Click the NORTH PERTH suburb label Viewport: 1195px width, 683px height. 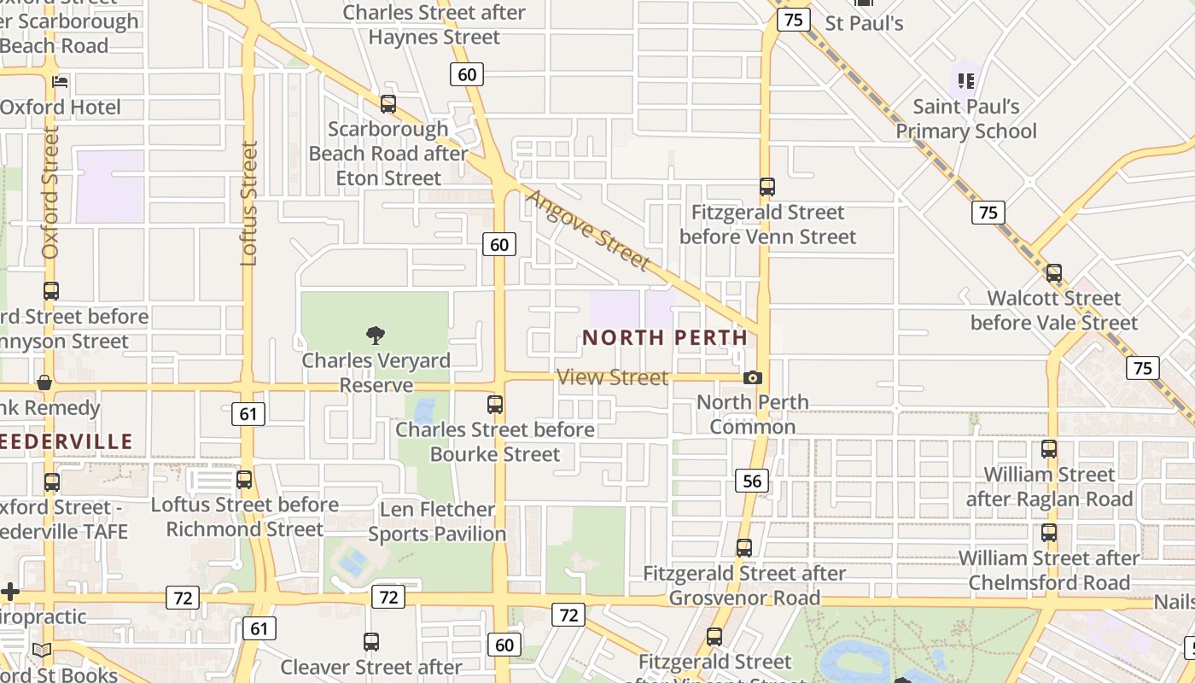(665, 337)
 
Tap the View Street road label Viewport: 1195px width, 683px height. (612, 377)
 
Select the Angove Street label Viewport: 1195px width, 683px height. (588, 230)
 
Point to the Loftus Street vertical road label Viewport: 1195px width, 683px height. (248, 203)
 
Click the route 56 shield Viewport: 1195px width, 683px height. (752, 481)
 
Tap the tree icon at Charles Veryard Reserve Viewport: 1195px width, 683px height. (375, 335)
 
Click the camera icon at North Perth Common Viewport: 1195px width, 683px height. (753, 377)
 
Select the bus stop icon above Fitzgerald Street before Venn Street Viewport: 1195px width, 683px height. (767, 187)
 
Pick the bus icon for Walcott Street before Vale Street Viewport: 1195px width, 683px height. (1054, 273)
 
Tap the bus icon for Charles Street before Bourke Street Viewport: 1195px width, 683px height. (495, 405)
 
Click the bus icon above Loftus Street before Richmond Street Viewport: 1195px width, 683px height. (244, 480)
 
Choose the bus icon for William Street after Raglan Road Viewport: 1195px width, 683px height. (1049, 449)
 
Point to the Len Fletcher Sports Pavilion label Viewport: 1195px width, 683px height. (437, 522)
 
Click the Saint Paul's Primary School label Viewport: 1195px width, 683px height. (966, 119)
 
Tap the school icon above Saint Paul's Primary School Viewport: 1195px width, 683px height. (966, 81)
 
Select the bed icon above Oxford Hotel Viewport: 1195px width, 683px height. (60, 82)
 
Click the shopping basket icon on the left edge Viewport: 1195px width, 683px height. (44, 382)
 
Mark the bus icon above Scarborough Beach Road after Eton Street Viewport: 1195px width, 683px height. (388, 104)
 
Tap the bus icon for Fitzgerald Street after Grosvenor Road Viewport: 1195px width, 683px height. (744, 548)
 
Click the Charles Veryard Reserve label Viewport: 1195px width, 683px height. (376, 373)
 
